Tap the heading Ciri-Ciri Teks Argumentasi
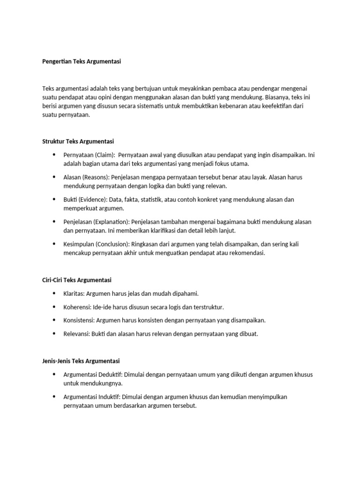click(77, 280)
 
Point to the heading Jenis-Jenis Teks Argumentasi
click(81, 361)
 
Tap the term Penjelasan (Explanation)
click(96, 222)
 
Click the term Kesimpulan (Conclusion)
click(96, 244)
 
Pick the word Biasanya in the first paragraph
click(278, 97)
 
